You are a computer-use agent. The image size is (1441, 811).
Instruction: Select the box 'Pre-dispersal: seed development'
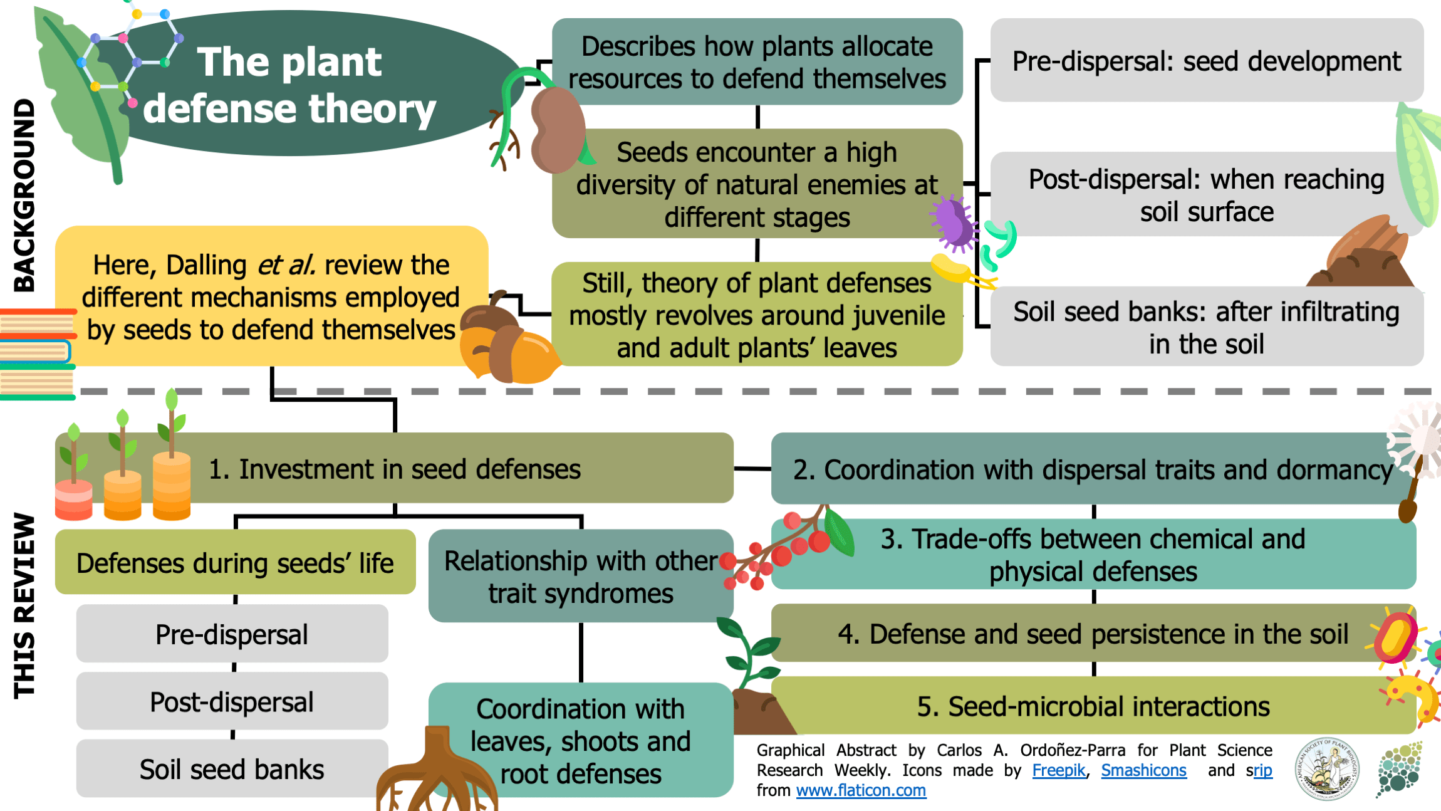pyautogui.click(x=1206, y=61)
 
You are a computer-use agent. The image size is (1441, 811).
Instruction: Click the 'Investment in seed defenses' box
pyautogui.click(x=395, y=469)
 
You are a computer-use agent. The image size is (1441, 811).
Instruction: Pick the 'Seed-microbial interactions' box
pyautogui.click(x=1093, y=706)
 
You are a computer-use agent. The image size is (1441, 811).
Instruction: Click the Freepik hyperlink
pyautogui.click(x=1058, y=770)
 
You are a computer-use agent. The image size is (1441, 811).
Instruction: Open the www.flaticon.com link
pyautogui.click(x=861, y=790)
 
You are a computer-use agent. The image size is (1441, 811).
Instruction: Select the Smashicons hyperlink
pyautogui.click(x=1143, y=770)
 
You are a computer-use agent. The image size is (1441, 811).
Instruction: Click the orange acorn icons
pyautogui.click(x=507, y=342)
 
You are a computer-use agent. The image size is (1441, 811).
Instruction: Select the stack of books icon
pyautogui.click(x=36, y=354)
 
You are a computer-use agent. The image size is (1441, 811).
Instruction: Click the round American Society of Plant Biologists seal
pyautogui.click(x=1326, y=769)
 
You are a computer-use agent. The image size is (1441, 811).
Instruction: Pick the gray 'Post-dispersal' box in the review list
pyautogui.click(x=232, y=701)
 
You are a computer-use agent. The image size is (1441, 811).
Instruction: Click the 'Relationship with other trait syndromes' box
pyautogui.click(x=580, y=577)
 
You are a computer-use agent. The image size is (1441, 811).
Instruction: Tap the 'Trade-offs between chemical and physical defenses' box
pyautogui.click(x=1093, y=555)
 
